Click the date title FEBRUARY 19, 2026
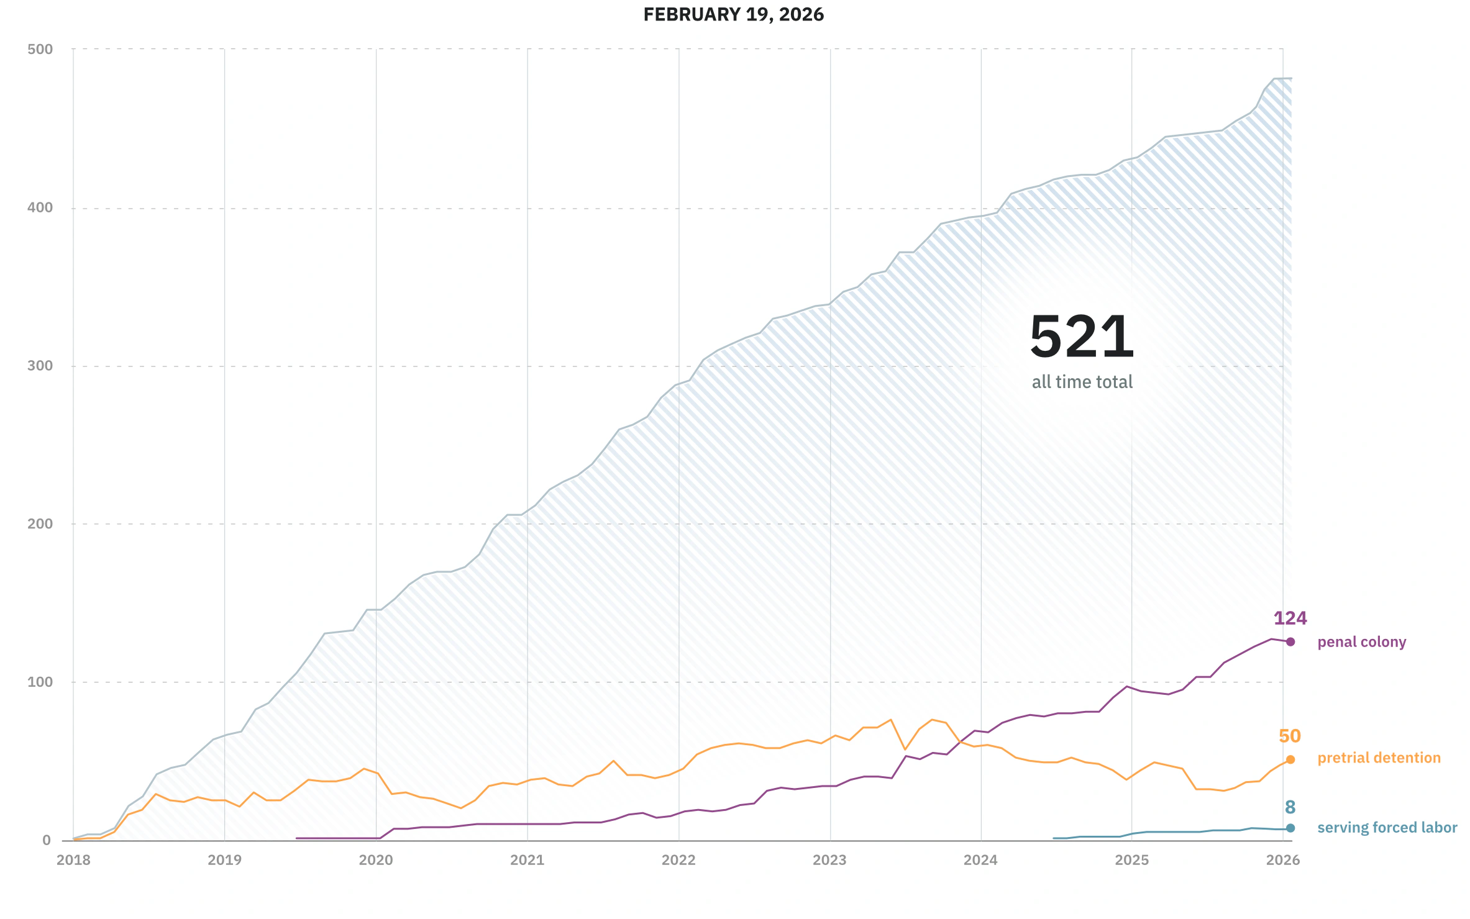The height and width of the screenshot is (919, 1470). tap(733, 14)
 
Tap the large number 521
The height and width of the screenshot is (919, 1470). tap(1082, 337)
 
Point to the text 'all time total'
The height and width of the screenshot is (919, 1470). tap(1082, 382)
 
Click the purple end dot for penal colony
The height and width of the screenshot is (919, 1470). tap(1290, 641)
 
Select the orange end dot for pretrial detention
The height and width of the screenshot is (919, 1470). tap(1290, 759)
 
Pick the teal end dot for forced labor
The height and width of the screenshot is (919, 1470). tap(1290, 828)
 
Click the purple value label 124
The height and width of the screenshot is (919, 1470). tap(1290, 618)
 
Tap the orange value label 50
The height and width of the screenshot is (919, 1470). tap(1289, 736)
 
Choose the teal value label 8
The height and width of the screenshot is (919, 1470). tap(1290, 807)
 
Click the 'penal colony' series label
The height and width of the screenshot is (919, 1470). tap(1361, 642)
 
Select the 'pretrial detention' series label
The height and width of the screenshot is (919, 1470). tap(1379, 758)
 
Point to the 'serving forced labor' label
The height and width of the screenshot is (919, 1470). tap(1387, 828)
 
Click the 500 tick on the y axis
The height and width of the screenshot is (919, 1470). tap(40, 49)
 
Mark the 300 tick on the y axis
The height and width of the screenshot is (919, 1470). tap(40, 366)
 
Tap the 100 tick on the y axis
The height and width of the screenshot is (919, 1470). tap(40, 682)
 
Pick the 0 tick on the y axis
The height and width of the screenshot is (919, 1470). tap(47, 840)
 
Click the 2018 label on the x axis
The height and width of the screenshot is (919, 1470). tap(73, 860)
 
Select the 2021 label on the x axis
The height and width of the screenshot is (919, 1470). tap(527, 860)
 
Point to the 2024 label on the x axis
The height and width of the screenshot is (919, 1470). tap(980, 860)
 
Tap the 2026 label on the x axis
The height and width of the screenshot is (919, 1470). tap(1282, 860)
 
